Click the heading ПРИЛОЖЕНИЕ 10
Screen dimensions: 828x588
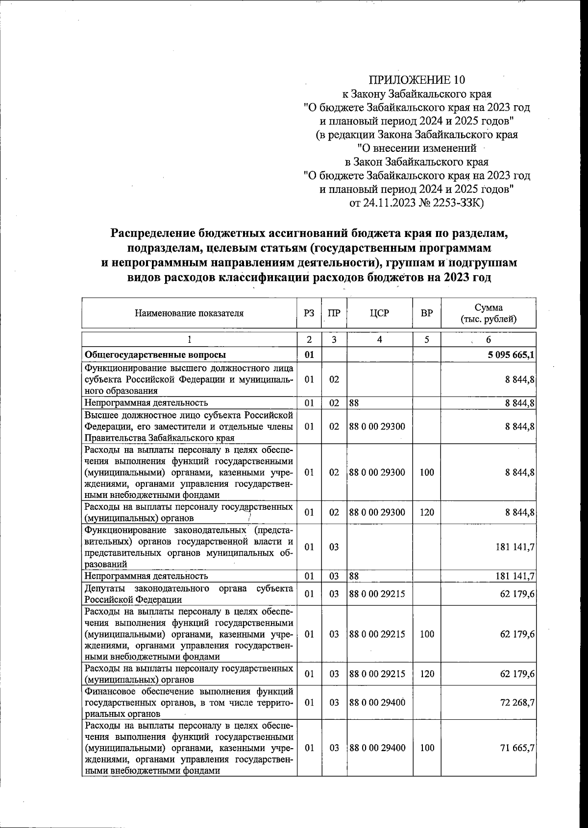tap(416, 80)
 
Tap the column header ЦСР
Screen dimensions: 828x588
tap(379, 313)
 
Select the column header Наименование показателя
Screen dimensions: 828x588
tap(189, 313)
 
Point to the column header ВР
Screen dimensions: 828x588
tap(427, 313)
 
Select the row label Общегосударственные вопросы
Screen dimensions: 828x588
tap(155, 355)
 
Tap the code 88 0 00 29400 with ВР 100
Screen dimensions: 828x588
tap(377, 748)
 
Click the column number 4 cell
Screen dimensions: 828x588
tap(379, 339)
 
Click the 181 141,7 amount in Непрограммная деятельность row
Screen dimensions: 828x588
tap(514, 576)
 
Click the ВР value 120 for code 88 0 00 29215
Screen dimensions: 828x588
tap(427, 674)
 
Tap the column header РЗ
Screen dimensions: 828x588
tap(309, 313)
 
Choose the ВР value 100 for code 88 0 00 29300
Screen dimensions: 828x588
tap(427, 473)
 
